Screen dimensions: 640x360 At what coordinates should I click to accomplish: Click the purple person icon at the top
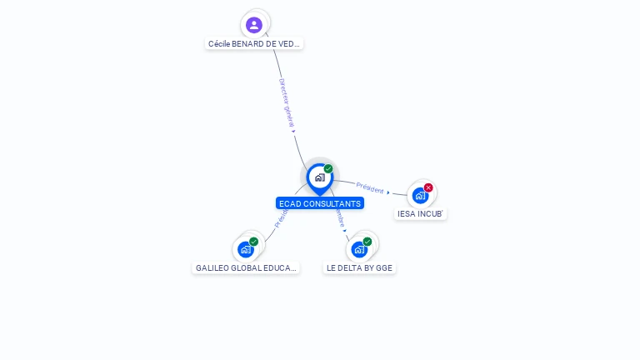[x=254, y=25]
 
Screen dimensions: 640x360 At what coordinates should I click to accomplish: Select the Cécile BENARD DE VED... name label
[x=254, y=43]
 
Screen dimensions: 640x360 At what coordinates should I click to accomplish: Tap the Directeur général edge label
[x=286, y=102]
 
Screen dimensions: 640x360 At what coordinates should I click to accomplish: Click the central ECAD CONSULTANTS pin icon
[x=319, y=177]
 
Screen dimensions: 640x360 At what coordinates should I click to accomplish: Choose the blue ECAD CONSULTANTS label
[x=320, y=203]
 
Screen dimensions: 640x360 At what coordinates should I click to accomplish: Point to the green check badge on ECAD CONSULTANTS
[x=328, y=169]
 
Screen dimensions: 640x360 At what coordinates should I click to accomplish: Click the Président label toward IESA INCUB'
[x=369, y=187]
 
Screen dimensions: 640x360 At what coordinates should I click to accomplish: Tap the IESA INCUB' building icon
[x=420, y=196]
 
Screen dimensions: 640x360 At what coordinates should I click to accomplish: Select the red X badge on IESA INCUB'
[x=428, y=187]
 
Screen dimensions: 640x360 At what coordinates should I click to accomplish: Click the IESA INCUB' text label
[x=420, y=214]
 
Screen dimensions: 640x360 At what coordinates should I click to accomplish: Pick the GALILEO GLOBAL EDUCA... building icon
[x=246, y=249]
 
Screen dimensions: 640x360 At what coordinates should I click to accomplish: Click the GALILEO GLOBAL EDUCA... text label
[x=246, y=268]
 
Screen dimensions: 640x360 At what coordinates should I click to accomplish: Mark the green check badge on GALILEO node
[x=254, y=242]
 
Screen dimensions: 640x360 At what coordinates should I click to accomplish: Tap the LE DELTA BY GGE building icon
[x=359, y=249]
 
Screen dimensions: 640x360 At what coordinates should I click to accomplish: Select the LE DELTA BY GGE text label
[x=359, y=268]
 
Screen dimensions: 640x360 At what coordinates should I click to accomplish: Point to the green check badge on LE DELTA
[x=367, y=242]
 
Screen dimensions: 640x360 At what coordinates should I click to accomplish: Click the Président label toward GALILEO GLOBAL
[x=280, y=218]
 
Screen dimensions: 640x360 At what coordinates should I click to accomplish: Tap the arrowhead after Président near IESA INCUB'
[x=388, y=192]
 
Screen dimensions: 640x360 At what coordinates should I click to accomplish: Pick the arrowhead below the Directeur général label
[x=294, y=131]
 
